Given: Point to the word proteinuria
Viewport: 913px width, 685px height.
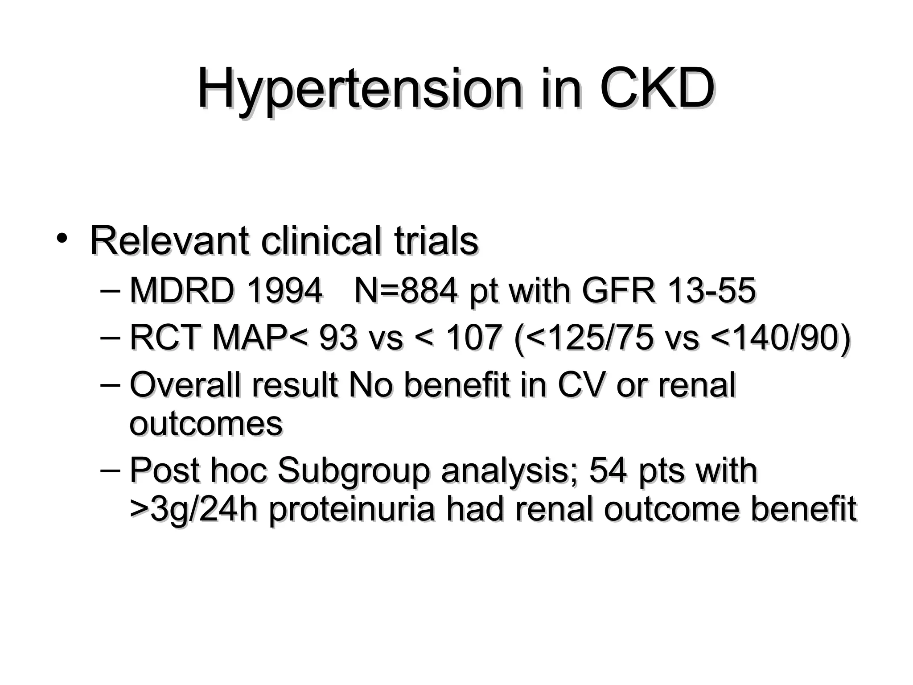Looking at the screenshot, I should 352,509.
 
